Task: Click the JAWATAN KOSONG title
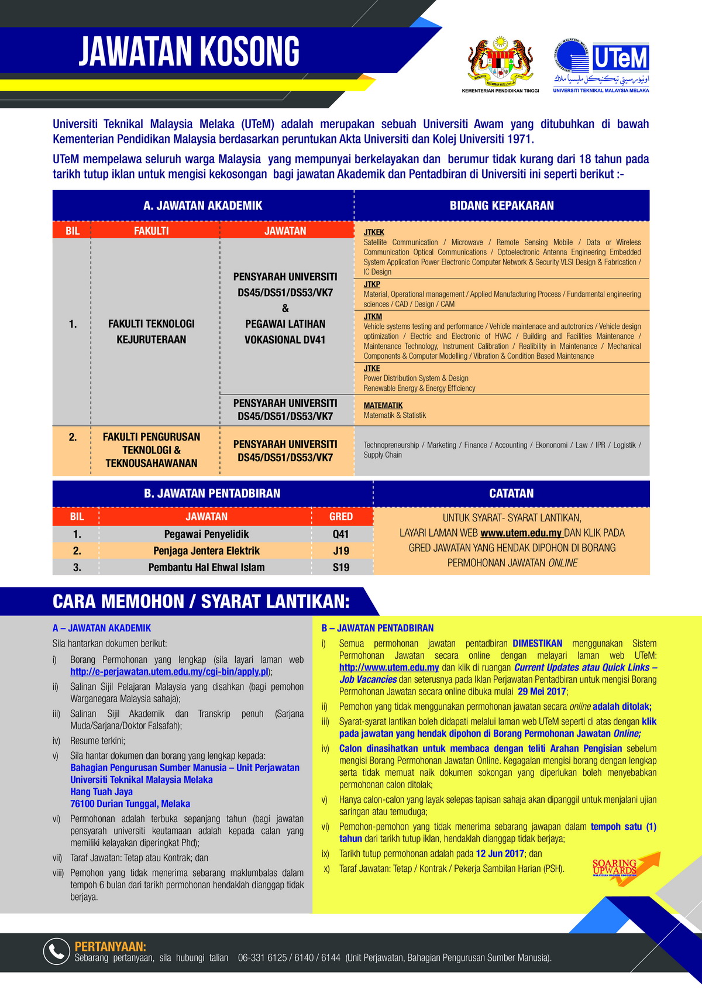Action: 189,51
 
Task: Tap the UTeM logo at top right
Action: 601,66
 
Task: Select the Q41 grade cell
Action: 341,534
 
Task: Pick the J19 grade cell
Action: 341,551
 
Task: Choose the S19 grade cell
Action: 341,567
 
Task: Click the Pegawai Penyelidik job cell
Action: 207,534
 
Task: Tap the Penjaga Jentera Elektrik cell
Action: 207,551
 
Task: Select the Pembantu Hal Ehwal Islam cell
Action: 207,567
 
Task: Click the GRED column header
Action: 341,516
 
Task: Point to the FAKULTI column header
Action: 151,231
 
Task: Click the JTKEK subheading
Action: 374,232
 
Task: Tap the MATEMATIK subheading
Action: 383,405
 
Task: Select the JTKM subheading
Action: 373,317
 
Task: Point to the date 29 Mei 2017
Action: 542,691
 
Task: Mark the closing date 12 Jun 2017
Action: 500,854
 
